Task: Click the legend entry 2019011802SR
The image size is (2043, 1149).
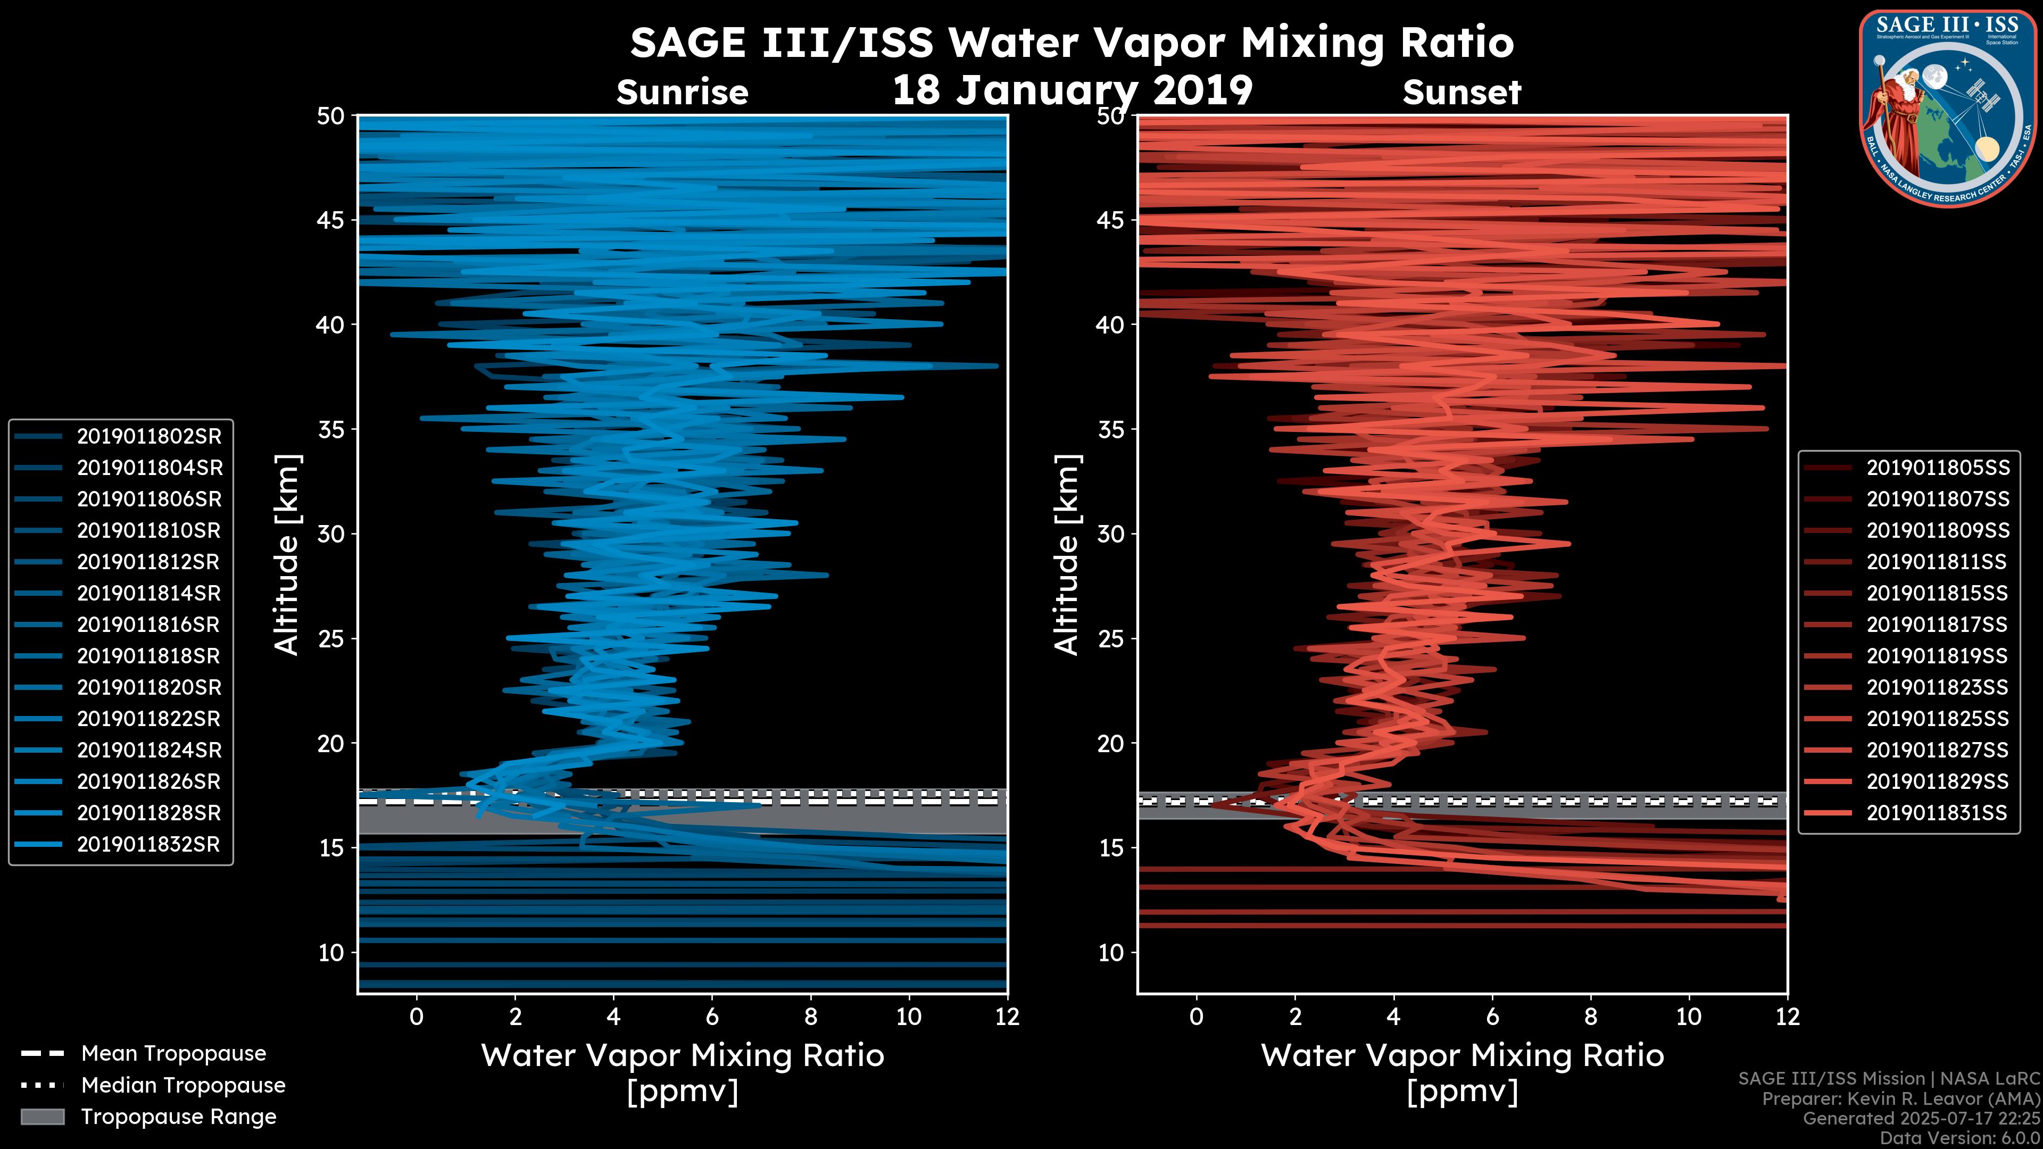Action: [x=149, y=436]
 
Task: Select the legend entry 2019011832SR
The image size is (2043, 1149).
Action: [x=148, y=844]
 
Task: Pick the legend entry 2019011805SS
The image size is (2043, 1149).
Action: [x=1938, y=468]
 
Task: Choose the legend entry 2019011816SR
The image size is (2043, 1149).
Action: [x=148, y=624]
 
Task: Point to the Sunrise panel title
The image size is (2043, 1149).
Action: [x=682, y=93]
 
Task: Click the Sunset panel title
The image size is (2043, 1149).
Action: [x=1461, y=93]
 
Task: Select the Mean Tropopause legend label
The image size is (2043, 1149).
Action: [x=173, y=1053]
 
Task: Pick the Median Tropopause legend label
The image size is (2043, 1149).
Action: [x=183, y=1085]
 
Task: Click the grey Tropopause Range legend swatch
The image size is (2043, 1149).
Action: [x=43, y=1117]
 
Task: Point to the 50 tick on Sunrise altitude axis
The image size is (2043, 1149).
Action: [x=331, y=116]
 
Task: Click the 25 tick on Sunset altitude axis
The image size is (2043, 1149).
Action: [x=1112, y=638]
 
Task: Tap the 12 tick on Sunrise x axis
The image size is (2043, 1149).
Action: [x=1007, y=1017]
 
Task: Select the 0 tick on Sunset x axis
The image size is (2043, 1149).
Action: [x=1197, y=1017]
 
